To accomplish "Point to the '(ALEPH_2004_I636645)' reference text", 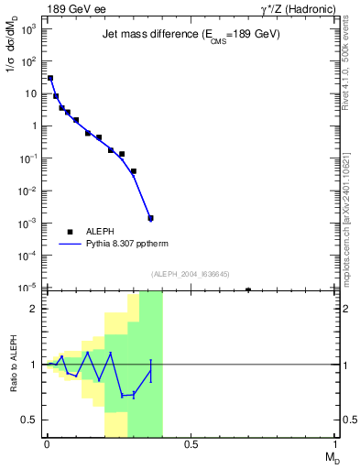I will tap(191, 274).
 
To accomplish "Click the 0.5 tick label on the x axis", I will tap(191, 445).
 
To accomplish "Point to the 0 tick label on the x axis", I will tap(47, 445).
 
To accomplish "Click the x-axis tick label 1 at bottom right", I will tap(335, 445).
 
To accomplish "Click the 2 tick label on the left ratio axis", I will tap(34, 309).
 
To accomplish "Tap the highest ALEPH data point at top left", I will tap(50, 78).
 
